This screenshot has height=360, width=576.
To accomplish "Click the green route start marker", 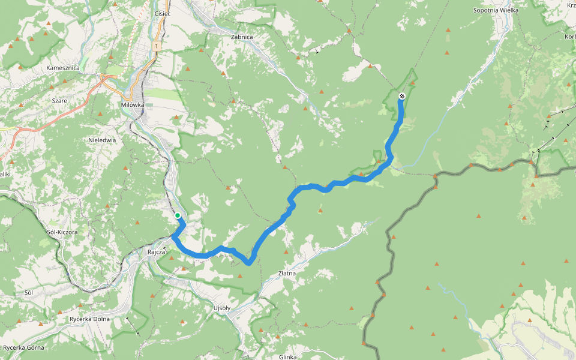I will pyautogui.click(x=178, y=215).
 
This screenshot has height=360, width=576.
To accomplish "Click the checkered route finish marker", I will pyautogui.click(x=402, y=96).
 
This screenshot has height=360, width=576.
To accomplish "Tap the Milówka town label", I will pyautogui.click(x=132, y=104).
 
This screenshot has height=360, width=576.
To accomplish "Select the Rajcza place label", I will pyautogui.click(x=156, y=252).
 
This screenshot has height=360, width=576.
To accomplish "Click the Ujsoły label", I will pyautogui.click(x=222, y=308).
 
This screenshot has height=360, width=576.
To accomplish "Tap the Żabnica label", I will pyautogui.click(x=242, y=37).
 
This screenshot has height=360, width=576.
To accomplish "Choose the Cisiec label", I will pyautogui.click(x=163, y=13).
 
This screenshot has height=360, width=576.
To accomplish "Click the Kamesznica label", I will pyautogui.click(x=64, y=68).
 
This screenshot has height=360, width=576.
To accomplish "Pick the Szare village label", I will pyautogui.click(x=59, y=101).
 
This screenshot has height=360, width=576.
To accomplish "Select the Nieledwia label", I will pyautogui.click(x=101, y=140).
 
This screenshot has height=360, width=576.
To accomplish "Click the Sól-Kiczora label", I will pyautogui.click(x=62, y=232).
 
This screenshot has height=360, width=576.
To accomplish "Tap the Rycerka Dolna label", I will pyautogui.click(x=90, y=319).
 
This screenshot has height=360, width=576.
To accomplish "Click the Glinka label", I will pyautogui.click(x=288, y=357).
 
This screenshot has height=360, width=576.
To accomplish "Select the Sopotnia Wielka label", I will pyautogui.click(x=495, y=10).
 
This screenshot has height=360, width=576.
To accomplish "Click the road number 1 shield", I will pyautogui.click(x=156, y=46).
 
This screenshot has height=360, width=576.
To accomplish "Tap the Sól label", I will pyautogui.click(x=28, y=292).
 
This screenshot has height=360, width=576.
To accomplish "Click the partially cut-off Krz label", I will pyautogui.click(x=571, y=5).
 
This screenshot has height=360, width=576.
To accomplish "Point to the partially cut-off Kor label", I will pyautogui.click(x=570, y=37).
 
